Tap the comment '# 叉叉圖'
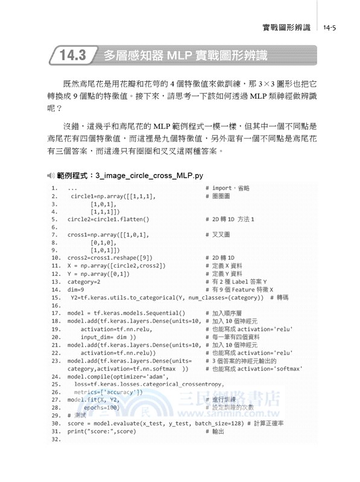pyautogui.click(x=218, y=234)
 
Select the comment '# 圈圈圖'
pyautogui.click(x=218, y=196)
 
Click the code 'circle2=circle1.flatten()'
pyautogui.click(x=108, y=219)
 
